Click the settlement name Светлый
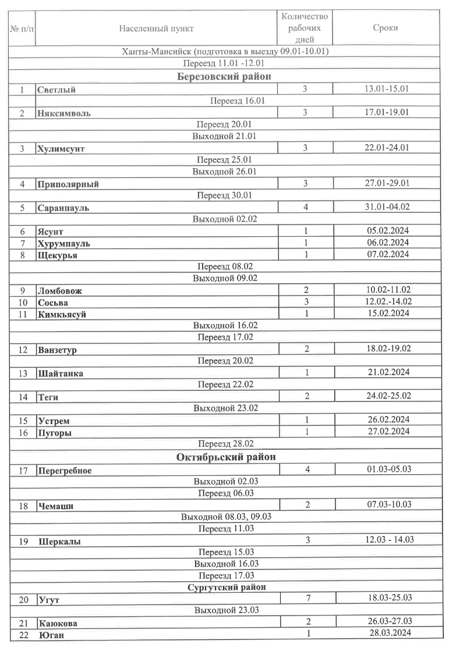(x=56, y=90)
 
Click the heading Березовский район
(x=227, y=77)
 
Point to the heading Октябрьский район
(x=227, y=457)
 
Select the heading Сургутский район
(x=227, y=587)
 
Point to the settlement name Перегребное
(x=64, y=471)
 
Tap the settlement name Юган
(x=52, y=635)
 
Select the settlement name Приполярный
(x=68, y=184)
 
